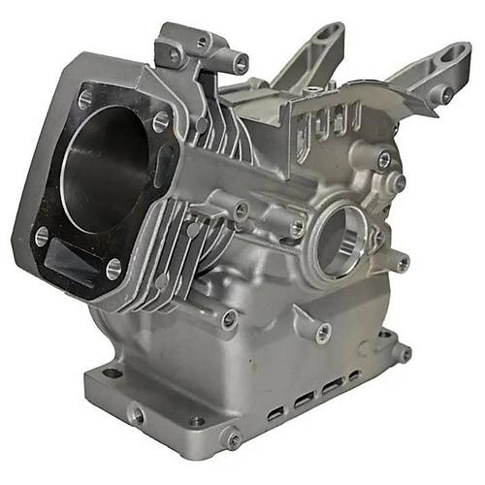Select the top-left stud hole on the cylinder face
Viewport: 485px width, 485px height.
tap(84, 98)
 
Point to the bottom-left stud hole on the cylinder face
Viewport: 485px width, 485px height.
tap(41, 235)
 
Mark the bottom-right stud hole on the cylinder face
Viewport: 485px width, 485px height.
tap(114, 268)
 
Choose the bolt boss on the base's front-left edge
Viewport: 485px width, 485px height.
tap(137, 415)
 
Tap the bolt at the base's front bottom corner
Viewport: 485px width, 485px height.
tap(231, 439)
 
